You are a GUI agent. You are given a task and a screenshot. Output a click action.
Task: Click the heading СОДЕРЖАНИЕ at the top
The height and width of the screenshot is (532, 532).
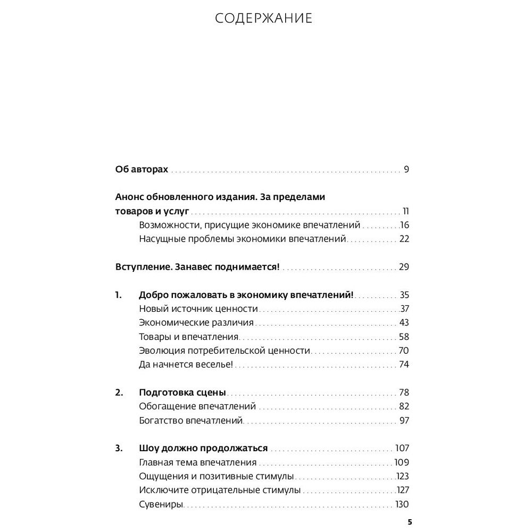(264, 19)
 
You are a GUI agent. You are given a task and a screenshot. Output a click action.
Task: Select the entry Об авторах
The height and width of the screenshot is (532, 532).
(142, 170)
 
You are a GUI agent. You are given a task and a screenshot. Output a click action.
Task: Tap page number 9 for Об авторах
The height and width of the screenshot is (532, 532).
(406, 170)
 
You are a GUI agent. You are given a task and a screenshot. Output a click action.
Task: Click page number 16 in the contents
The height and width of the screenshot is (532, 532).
(404, 225)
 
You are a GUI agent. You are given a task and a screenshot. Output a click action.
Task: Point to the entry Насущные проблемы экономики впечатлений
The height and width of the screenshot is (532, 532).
(243, 238)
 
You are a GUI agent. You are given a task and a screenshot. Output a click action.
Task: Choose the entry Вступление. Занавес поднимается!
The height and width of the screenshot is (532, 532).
(197, 267)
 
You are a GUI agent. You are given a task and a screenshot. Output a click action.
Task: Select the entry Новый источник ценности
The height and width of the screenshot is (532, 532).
(198, 309)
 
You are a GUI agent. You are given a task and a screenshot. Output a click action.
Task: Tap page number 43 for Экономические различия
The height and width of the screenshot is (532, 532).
(403, 323)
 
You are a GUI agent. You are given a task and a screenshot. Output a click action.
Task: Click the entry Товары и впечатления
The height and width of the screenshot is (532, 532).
(189, 337)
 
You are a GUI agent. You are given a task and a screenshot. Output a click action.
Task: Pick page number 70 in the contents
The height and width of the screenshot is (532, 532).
(403, 351)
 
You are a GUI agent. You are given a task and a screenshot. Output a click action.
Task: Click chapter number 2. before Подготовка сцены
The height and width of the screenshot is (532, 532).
(119, 393)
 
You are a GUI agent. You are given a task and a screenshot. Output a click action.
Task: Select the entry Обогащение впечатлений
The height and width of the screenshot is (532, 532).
(197, 406)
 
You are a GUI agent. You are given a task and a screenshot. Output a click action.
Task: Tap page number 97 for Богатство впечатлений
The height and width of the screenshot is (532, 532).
(403, 421)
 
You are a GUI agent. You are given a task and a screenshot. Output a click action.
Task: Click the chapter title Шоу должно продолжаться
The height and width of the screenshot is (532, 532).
(203, 448)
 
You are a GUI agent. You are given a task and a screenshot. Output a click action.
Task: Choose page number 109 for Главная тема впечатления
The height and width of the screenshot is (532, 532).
(401, 462)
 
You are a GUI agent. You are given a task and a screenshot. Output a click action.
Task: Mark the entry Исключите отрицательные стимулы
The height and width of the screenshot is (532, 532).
(220, 490)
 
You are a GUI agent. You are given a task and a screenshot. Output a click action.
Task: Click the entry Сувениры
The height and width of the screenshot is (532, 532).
(161, 504)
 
